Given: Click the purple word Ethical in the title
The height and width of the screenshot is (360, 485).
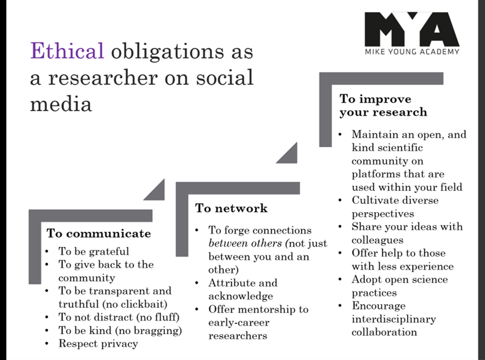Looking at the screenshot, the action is [67, 51].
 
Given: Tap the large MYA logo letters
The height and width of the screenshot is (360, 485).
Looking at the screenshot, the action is [412, 29].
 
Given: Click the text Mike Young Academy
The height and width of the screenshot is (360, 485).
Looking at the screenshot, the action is [412, 52].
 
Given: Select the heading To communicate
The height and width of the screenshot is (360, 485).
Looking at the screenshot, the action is [99, 234].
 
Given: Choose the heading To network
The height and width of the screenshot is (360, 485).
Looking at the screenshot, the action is [231, 208].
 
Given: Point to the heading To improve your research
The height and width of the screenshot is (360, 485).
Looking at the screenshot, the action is [383, 106].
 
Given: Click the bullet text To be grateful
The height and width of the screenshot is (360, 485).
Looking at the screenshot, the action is [94, 252].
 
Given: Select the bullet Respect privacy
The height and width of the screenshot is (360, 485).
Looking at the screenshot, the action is [98, 344].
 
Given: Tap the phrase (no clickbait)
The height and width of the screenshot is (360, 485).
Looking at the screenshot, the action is [135, 304].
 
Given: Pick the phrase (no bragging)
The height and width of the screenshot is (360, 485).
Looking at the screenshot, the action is [148, 331].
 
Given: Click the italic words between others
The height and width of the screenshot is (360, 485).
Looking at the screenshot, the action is [245, 243].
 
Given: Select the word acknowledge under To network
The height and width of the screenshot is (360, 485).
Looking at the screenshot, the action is [241, 296].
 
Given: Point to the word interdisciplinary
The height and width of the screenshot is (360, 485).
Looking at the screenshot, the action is [394, 319].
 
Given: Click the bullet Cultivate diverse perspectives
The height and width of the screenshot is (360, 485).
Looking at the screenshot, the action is [395, 207].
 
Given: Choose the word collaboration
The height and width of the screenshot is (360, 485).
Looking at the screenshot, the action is [384, 332].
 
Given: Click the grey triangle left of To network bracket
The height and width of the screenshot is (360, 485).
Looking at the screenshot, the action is [157, 193].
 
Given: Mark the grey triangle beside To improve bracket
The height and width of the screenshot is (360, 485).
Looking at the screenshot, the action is [290, 156].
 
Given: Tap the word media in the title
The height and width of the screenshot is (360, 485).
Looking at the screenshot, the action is [61, 104].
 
